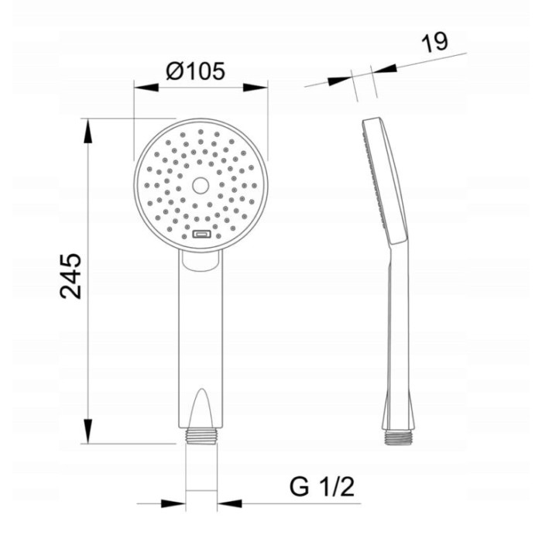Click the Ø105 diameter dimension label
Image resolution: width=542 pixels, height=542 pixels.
[196, 71]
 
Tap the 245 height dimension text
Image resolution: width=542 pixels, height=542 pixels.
[71, 276]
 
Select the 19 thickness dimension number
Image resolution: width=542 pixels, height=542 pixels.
[434, 42]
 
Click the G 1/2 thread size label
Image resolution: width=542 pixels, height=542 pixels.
[322, 487]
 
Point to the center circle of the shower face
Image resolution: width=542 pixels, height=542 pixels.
[201, 186]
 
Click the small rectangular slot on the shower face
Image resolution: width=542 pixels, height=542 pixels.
[201, 235]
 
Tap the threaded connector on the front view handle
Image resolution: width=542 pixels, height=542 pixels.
[201, 436]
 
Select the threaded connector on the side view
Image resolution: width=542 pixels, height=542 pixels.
[397, 437]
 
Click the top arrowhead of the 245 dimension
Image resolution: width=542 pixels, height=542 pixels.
[88, 131]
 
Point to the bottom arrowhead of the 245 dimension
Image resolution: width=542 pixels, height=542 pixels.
[88, 431]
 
